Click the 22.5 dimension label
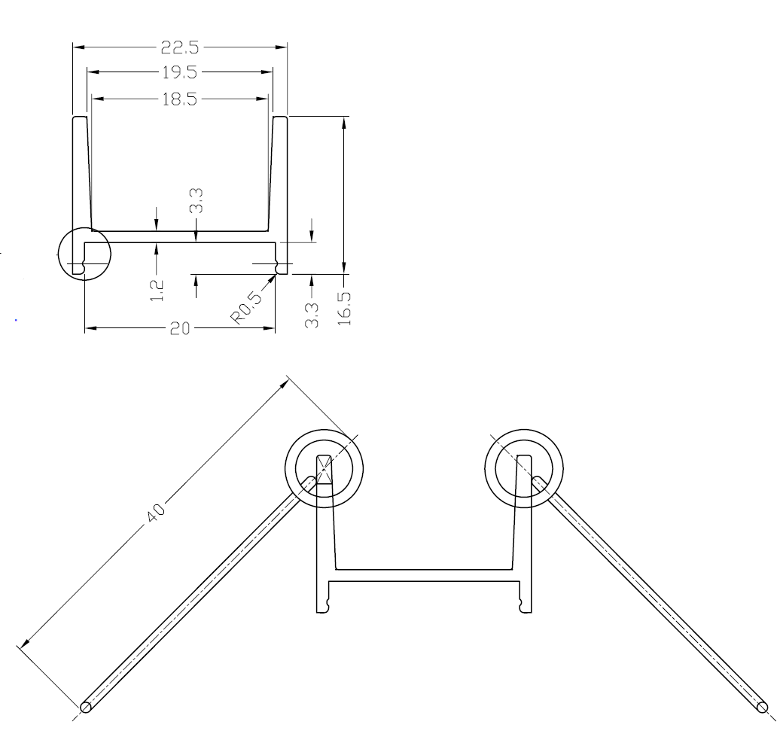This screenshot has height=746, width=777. [179, 47]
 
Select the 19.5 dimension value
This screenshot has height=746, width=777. [180, 72]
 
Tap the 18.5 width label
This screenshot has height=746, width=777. [180, 99]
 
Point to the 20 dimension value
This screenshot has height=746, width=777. [179, 328]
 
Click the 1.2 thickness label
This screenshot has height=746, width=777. [156, 291]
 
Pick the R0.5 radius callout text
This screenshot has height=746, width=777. [245, 309]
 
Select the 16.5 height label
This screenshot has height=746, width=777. [344, 308]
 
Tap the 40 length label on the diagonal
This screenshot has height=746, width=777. [156, 513]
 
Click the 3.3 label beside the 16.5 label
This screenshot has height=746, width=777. [312, 315]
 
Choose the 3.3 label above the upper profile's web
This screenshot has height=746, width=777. [197, 201]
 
